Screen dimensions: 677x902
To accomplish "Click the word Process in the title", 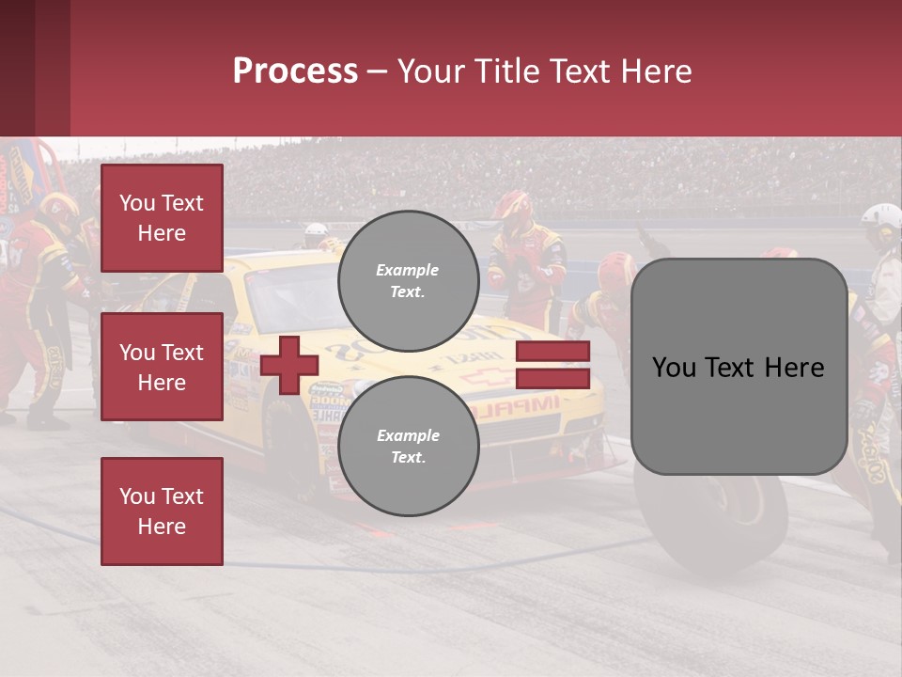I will (295, 71).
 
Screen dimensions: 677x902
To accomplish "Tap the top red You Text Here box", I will (162, 218).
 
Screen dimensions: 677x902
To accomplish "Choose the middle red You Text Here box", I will (162, 367).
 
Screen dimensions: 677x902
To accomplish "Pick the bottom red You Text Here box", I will (162, 511).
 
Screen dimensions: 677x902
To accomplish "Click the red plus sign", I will (289, 365).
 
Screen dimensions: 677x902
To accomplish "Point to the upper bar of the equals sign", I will (552, 352).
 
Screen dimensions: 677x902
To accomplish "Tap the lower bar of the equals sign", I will (552, 378).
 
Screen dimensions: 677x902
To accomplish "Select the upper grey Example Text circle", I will (408, 280).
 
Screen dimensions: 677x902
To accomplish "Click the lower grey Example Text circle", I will (408, 446).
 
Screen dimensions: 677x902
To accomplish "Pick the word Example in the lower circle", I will (408, 435).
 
